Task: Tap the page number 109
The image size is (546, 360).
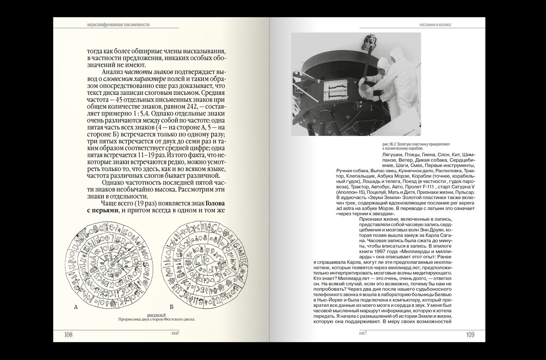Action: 470,335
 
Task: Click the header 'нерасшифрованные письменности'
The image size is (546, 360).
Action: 118,25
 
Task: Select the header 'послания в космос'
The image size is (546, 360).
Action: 436,25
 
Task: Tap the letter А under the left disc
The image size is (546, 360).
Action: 76,308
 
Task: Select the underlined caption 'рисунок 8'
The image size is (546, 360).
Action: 157,314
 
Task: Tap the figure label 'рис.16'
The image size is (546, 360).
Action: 388,145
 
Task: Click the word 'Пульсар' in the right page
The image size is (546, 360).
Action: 465,192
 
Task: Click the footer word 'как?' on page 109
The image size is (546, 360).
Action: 365,334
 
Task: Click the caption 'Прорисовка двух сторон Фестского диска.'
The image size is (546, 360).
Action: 157,319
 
